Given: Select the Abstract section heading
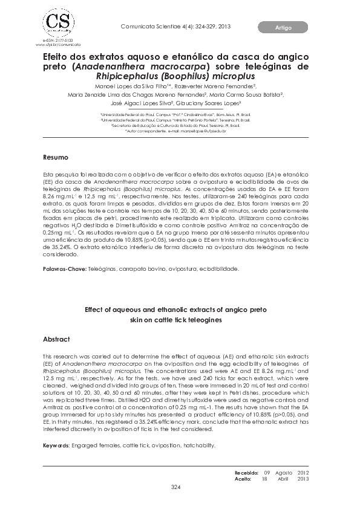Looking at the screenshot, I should [x=56, y=339].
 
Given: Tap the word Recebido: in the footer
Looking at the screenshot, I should [x=246, y=472].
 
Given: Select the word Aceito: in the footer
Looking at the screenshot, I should [x=243, y=478].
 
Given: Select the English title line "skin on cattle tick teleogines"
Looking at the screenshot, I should [x=175, y=319].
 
